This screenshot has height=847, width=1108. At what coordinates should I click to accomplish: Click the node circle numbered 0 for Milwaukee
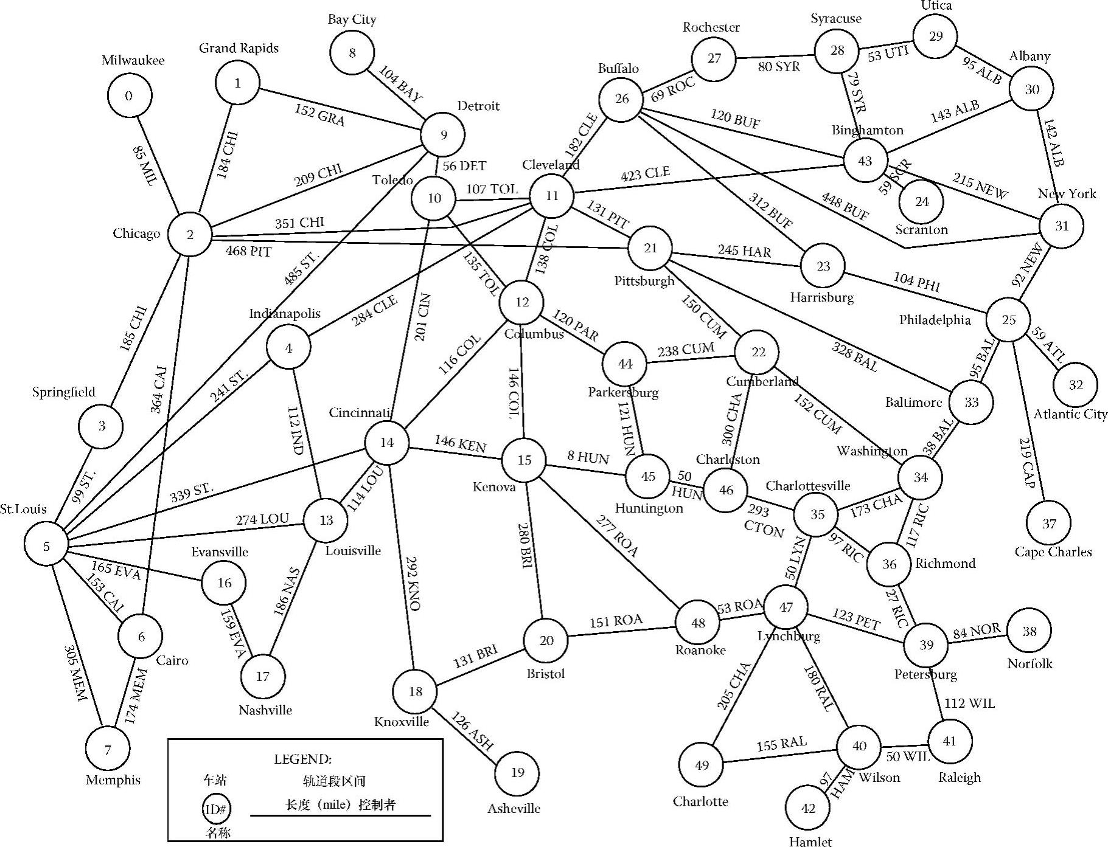pyautogui.click(x=128, y=95)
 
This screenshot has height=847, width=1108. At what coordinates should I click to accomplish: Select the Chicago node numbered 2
pyautogui.click(x=190, y=234)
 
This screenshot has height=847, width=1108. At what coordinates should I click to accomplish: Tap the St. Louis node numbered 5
pyautogui.click(x=46, y=546)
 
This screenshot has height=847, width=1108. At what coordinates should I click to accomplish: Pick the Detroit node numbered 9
pyautogui.click(x=443, y=134)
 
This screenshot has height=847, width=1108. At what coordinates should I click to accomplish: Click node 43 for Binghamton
pyautogui.click(x=865, y=161)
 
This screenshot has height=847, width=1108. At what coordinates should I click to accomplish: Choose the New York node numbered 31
pyautogui.click(x=1061, y=226)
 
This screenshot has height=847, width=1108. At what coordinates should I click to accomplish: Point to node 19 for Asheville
pyautogui.click(x=517, y=773)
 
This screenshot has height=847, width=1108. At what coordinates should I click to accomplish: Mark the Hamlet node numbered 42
pyautogui.click(x=808, y=808)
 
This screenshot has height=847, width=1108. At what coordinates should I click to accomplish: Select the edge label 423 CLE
pyautogui.click(x=645, y=174)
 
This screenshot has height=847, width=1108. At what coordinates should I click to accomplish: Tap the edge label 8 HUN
pyautogui.click(x=588, y=457)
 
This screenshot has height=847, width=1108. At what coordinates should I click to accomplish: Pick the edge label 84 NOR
pyautogui.click(x=977, y=631)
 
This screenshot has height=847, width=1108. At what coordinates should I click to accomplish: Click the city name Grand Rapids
pyautogui.click(x=239, y=49)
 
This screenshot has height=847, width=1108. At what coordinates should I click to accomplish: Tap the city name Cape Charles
pyautogui.click(x=1053, y=552)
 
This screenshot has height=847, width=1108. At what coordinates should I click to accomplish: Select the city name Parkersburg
pyautogui.click(x=622, y=393)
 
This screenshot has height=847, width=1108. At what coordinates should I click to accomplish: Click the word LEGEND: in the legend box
pyautogui.click(x=302, y=759)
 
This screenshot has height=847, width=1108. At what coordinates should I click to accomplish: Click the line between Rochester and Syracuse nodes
pyautogui.click(x=775, y=54)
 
